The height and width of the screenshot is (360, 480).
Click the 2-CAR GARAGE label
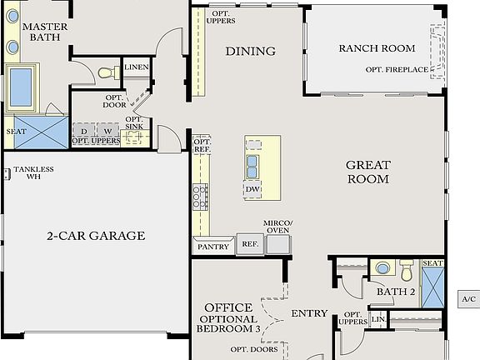(x=95, y=236)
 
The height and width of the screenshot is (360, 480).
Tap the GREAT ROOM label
(x=367, y=172)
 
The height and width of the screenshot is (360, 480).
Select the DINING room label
(x=250, y=52)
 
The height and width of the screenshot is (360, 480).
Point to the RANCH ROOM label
(x=377, y=48)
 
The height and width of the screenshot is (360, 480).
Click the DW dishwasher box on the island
(x=252, y=190)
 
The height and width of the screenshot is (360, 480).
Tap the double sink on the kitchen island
(x=252, y=167)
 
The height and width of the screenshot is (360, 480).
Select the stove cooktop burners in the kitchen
(x=201, y=197)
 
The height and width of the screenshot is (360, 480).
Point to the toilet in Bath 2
(x=407, y=272)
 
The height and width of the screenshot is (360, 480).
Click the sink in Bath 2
(x=382, y=269)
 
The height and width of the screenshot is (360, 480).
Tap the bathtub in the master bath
(x=21, y=85)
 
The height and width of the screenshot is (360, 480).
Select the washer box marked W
(x=107, y=131)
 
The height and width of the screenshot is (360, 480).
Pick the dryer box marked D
(x=83, y=131)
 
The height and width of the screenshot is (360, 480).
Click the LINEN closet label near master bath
(x=136, y=67)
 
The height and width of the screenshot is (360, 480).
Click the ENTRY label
(x=308, y=314)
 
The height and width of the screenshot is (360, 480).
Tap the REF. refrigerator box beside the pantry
(x=249, y=245)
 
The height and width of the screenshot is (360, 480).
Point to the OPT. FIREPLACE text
(x=397, y=69)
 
